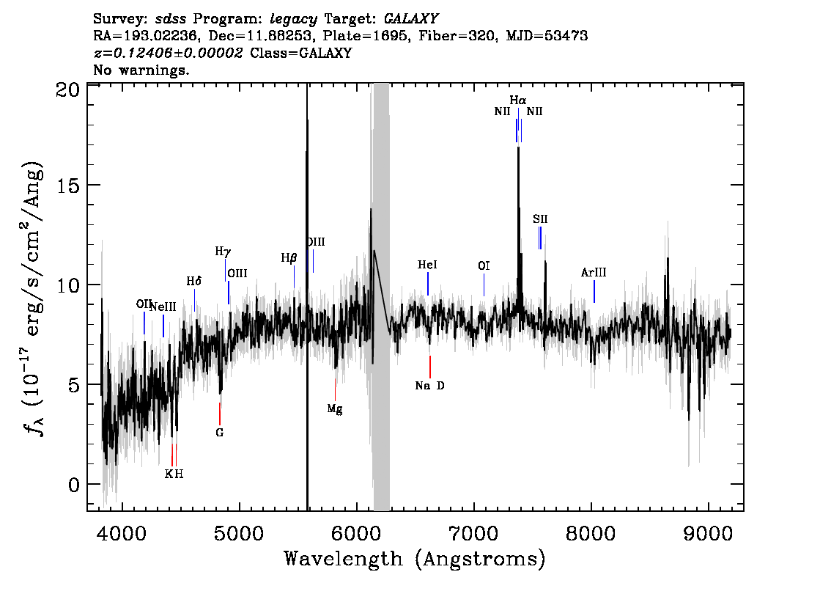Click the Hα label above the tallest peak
coord(518,100)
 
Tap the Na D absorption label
coord(430,386)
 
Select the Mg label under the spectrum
coord(335,409)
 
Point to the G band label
coord(219,432)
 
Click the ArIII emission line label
coord(594,273)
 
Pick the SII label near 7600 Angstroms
coord(540,219)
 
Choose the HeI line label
coord(427,265)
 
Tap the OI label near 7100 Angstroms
coord(484,265)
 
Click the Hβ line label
coord(289,258)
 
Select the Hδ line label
coord(194,281)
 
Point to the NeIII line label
coord(163,307)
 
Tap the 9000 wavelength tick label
coord(708,534)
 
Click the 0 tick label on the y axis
coord(74,485)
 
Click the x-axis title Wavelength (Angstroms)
coord(415,559)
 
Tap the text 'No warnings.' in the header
coord(141,70)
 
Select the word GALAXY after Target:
coord(410,19)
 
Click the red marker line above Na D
coord(430,367)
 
